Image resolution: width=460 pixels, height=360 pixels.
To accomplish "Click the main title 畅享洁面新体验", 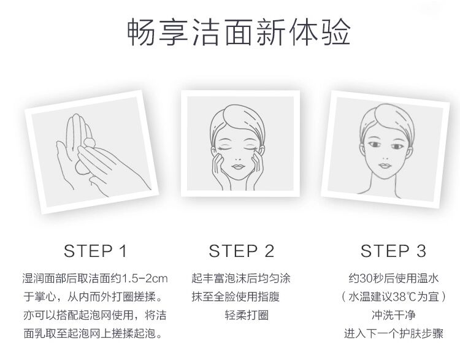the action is [239, 32].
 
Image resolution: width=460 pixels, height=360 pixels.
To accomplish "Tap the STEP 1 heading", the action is [95, 251].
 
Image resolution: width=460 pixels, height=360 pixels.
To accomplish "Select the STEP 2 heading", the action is [241, 251].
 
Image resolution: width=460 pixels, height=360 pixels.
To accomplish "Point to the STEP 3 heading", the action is [393, 251].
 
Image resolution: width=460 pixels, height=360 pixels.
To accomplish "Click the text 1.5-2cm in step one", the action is [145, 278].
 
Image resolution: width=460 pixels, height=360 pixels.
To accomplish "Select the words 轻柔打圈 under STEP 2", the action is [247, 315].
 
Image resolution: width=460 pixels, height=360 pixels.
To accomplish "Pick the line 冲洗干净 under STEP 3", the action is [393, 315].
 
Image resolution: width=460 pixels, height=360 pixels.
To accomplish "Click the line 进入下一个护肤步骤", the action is [393, 334].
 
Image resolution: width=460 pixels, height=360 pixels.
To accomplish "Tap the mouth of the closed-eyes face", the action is [238, 167].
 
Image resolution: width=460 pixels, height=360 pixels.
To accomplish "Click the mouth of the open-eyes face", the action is [385, 166].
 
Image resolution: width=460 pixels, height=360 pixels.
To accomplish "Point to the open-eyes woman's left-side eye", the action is [374, 145].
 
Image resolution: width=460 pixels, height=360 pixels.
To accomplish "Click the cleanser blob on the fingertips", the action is [89, 143].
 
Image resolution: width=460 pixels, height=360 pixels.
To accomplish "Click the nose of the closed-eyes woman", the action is [238, 158].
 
